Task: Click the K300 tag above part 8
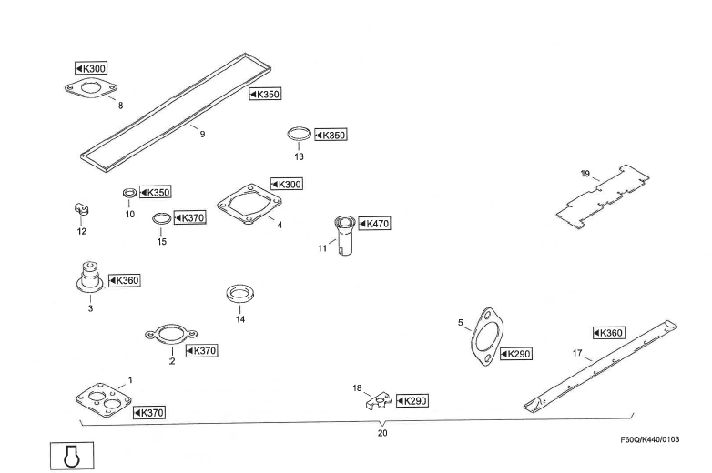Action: point(91,68)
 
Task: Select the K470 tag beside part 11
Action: point(374,223)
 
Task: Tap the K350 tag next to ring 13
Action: point(331,136)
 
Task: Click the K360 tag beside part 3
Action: point(124,280)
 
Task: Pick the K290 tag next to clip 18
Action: point(413,400)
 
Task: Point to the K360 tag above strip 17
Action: point(608,333)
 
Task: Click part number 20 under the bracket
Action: point(381,433)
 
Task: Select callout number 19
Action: point(585,173)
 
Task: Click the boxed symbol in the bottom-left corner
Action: point(68,455)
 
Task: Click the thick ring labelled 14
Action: point(239,296)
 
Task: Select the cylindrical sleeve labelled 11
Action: point(345,234)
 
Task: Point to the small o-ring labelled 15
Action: point(160,218)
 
